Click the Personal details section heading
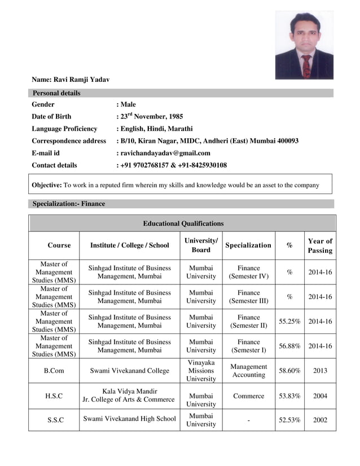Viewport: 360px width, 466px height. click(56, 93)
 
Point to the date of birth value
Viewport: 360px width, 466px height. click(151, 117)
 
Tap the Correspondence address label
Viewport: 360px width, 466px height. click(69, 141)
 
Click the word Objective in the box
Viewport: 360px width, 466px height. click(46, 185)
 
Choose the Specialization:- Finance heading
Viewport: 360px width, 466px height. click(69, 204)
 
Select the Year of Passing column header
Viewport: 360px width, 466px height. click(320, 245)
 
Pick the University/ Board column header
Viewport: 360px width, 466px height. click(201, 245)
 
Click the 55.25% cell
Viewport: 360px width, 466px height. click(289, 322)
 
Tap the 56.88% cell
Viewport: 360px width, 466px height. click(289, 346)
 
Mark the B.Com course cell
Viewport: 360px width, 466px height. click(54, 371)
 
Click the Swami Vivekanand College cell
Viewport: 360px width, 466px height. click(129, 371)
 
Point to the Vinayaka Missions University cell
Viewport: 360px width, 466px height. click(201, 371)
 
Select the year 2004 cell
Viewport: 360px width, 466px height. click(320, 396)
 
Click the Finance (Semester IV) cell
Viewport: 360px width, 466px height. click(248, 272)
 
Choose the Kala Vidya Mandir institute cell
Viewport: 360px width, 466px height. click(129, 395)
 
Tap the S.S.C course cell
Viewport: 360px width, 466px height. click(54, 420)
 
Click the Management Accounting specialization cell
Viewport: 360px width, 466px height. click(248, 371)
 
